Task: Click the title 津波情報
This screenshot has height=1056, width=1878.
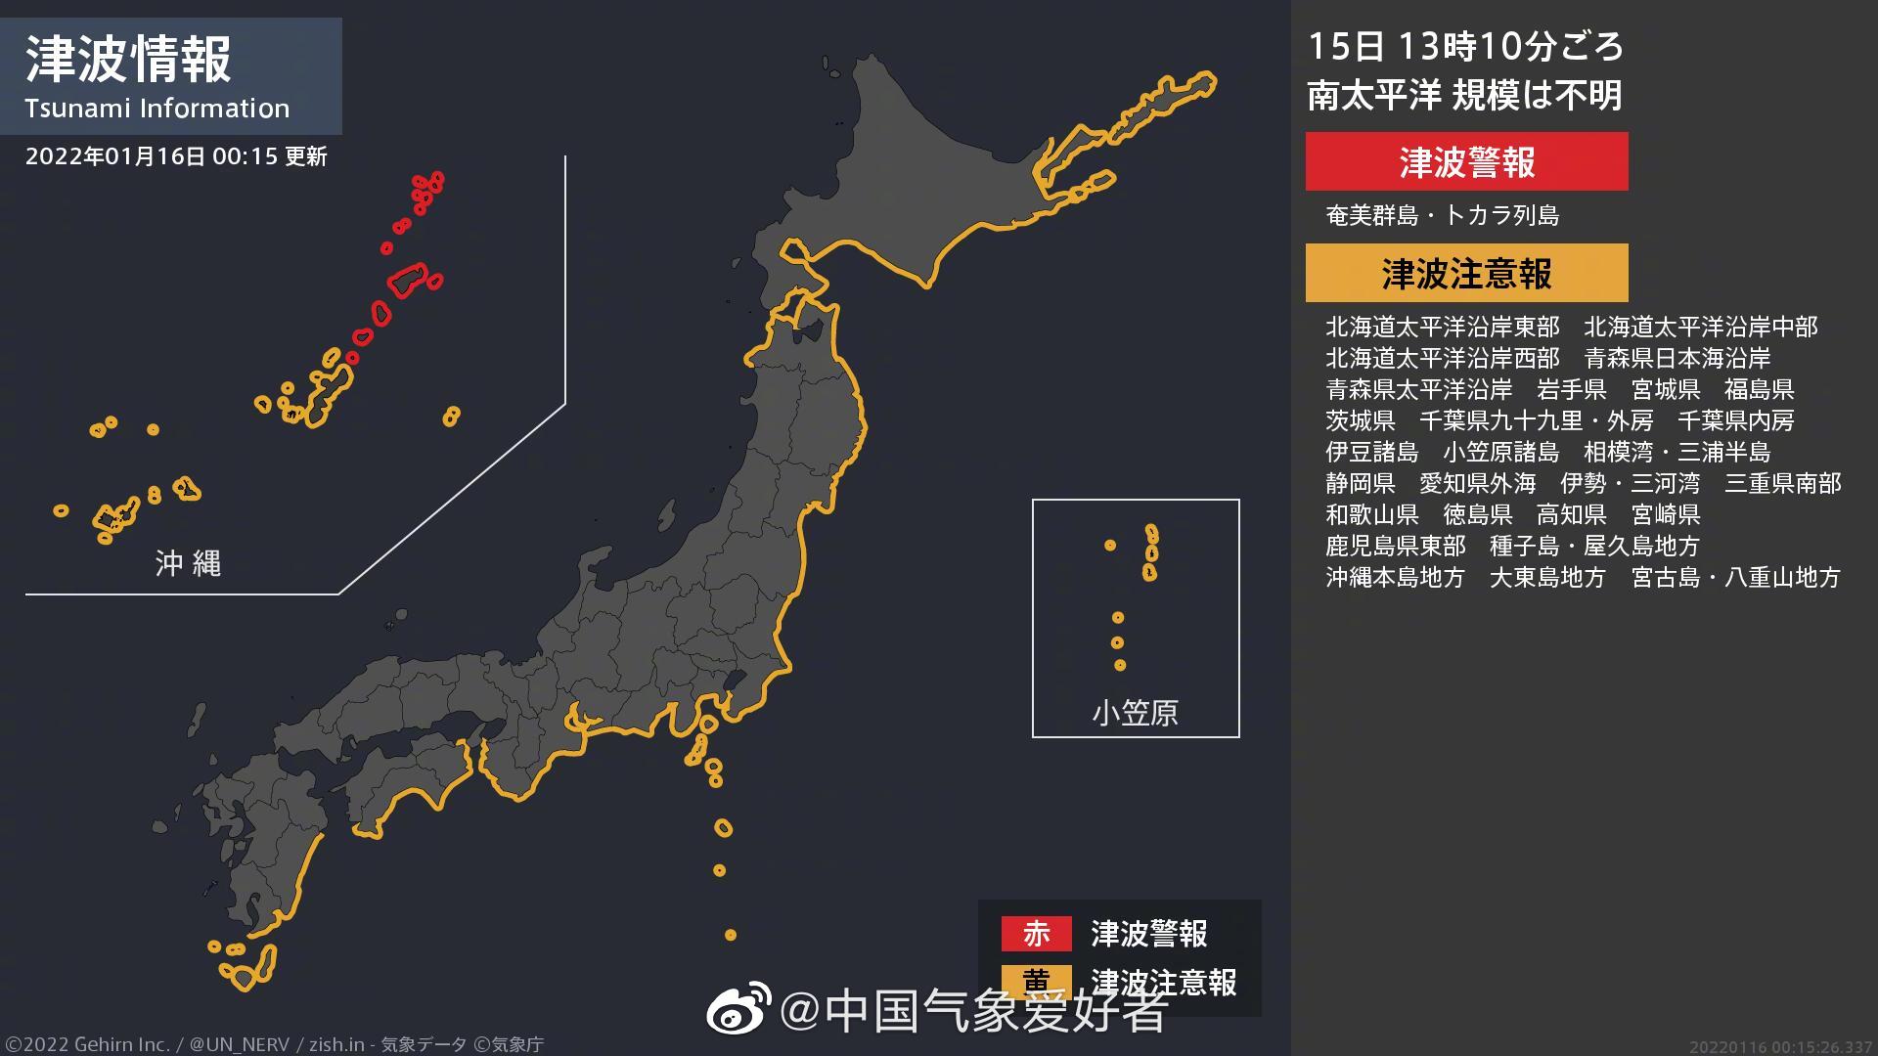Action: [x=128, y=60]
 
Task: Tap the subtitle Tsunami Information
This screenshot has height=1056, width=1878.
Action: [x=157, y=109]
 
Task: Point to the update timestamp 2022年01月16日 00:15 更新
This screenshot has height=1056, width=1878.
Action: [x=176, y=156]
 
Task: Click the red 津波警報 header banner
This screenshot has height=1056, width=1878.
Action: [x=1466, y=161]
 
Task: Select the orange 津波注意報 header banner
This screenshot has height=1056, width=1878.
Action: [x=1466, y=274]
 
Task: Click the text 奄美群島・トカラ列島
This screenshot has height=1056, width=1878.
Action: [x=1442, y=215]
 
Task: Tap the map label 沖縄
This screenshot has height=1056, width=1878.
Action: [x=188, y=563]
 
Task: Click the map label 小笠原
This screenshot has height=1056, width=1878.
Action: [x=1135, y=713]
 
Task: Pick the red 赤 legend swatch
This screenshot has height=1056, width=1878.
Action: [x=1036, y=933]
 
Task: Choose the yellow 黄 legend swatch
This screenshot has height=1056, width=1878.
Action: [x=1036, y=981]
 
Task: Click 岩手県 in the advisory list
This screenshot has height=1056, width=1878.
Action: [x=1571, y=389]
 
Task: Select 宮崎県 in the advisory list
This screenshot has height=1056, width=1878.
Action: [x=1665, y=514]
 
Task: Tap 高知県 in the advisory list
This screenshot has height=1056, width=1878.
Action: [x=1571, y=514]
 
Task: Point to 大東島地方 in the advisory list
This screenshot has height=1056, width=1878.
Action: [x=1547, y=577]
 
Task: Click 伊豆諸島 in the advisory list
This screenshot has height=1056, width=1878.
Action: [x=1371, y=452]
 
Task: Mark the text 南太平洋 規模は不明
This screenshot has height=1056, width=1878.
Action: [x=1464, y=96]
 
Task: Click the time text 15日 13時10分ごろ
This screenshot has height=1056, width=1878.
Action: [x=1465, y=46]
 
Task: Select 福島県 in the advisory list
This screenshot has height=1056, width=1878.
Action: [x=1759, y=389]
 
